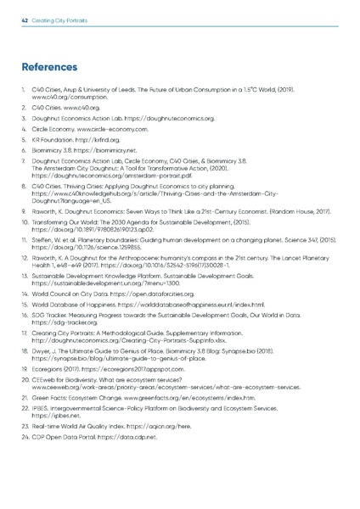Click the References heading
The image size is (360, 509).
coord(51,65)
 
